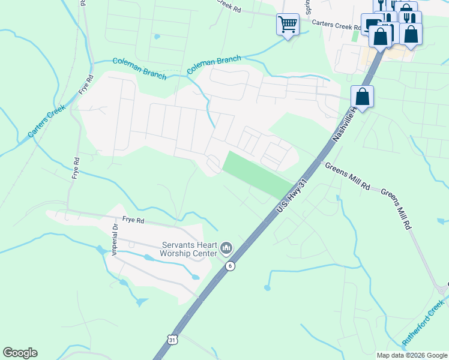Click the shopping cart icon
click(x=288, y=25)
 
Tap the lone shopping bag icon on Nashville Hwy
click(x=362, y=96)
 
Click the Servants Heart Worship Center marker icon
click(x=226, y=247)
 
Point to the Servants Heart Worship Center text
click(x=188, y=248)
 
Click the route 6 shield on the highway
click(x=229, y=266)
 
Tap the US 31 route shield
click(x=172, y=340)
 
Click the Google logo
click(x=20, y=353)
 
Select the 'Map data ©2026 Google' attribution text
click(x=412, y=355)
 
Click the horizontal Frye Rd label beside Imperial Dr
click(x=133, y=221)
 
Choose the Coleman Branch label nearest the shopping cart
click(x=214, y=65)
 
